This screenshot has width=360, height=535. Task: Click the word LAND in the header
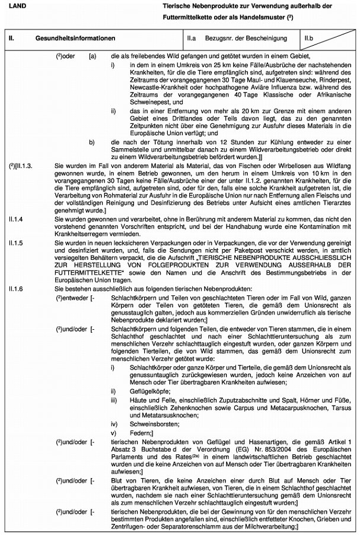click(x=16, y=5)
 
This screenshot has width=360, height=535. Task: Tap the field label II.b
click(x=308, y=38)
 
